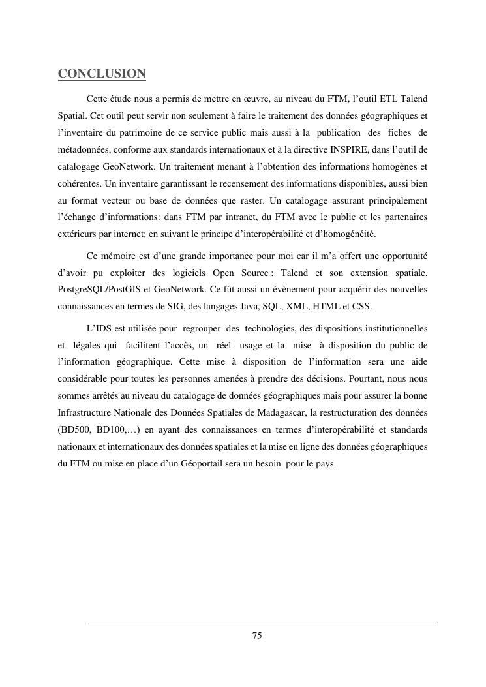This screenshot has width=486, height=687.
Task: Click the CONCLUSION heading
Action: pos(102,74)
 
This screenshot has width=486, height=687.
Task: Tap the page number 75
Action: pos(257,636)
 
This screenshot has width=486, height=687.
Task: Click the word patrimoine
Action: pos(142,132)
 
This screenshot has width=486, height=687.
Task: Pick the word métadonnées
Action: pos(84,149)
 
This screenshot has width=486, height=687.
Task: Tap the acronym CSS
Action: pos(362,306)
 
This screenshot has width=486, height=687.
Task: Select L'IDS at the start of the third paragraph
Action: pos(99,327)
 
